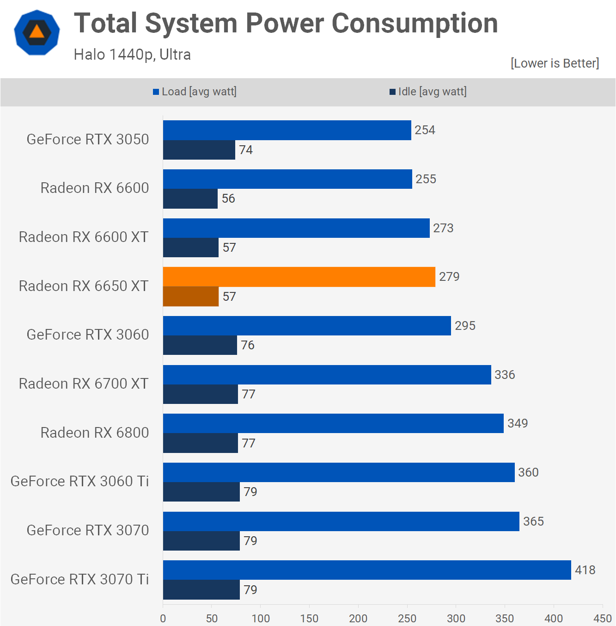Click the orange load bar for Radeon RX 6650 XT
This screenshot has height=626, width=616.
(299, 277)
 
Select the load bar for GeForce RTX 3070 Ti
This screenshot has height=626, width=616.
(367, 570)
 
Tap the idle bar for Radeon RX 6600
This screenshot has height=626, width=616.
(190, 198)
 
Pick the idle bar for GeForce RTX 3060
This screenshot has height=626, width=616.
(200, 345)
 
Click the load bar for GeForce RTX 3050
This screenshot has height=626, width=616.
(287, 130)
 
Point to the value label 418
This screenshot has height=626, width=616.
(585, 570)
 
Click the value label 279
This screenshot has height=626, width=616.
(449, 277)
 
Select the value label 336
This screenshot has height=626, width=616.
(505, 375)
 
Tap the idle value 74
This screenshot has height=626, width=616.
(246, 150)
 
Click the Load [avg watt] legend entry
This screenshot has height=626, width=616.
(195, 92)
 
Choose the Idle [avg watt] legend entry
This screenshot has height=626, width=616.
(428, 92)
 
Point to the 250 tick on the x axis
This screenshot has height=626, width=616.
(407, 618)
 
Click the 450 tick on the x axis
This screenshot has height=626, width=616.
(603, 618)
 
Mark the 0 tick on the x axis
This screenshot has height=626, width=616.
(163, 618)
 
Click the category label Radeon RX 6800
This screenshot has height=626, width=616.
(95, 433)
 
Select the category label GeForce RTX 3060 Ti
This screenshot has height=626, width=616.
(80, 481)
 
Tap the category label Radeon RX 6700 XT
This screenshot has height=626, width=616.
(84, 384)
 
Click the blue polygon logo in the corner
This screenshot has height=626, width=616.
(37, 32)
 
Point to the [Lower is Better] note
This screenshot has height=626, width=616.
(555, 63)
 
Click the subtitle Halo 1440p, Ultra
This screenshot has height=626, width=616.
(132, 55)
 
